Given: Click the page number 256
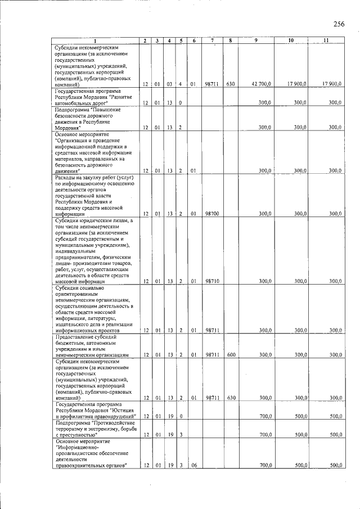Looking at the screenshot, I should point(338,24).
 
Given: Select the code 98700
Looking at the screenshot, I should point(212,214).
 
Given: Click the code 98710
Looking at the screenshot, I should point(212,281).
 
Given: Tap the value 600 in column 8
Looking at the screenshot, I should point(230,355).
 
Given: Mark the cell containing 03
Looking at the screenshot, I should point(168,84).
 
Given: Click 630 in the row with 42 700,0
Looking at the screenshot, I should point(230,84).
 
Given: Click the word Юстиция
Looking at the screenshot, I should point(123,410).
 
